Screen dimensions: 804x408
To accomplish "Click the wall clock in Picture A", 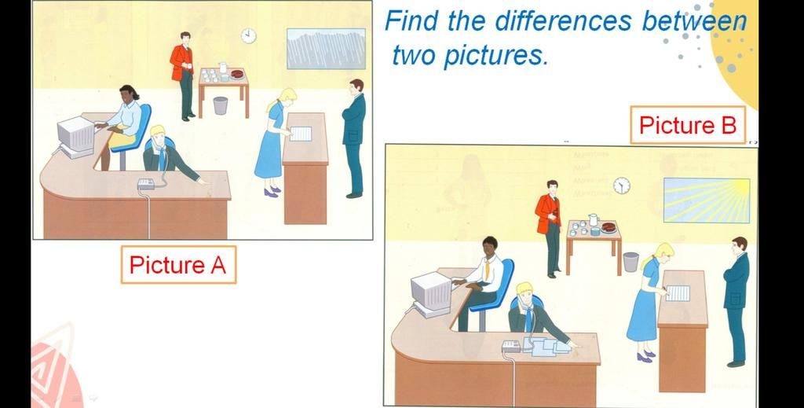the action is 249,36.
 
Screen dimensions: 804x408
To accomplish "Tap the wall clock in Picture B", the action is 622,186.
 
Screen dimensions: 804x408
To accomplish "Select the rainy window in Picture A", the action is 326,49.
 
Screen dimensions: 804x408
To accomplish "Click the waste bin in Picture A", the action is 221,105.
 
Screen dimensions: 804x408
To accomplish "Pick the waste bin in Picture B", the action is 631,262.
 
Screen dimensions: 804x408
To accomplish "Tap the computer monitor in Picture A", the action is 76,134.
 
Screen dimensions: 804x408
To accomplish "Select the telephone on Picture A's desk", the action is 147,184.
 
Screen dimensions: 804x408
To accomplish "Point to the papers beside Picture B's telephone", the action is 550,347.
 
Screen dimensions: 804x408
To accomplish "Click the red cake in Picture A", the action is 237,74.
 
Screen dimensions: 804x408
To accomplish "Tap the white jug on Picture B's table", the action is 594,220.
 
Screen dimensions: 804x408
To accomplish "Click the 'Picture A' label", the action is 178,265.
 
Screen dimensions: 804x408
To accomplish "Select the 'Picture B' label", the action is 688,125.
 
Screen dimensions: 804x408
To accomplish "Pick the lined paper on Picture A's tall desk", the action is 301,134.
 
